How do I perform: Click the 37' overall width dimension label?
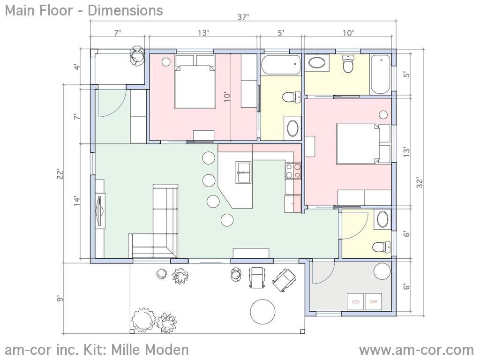click(x=243, y=17)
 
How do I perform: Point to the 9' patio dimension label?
click(x=59, y=299)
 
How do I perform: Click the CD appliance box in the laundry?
click(x=355, y=302)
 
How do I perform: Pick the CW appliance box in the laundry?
click(x=373, y=302)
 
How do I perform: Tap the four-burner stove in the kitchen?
click(x=293, y=171)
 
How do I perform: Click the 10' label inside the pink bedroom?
click(x=227, y=97)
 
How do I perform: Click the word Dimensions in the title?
click(x=125, y=10)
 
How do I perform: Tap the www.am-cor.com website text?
click(x=416, y=350)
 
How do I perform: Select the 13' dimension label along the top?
click(x=203, y=33)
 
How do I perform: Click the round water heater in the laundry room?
click(x=382, y=272)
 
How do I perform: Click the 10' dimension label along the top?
click(x=348, y=33)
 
